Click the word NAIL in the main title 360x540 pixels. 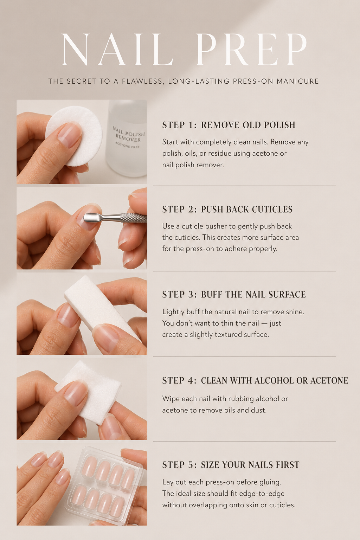click(117, 50)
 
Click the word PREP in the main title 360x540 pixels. click(251, 50)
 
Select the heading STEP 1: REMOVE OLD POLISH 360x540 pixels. click(229, 125)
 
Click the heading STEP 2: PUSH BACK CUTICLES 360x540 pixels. click(227, 209)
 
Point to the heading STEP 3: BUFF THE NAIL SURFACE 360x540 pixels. click(234, 294)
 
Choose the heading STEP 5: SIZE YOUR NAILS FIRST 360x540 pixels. click(231, 464)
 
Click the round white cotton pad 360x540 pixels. click(74, 136)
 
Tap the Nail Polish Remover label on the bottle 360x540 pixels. click(129, 137)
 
